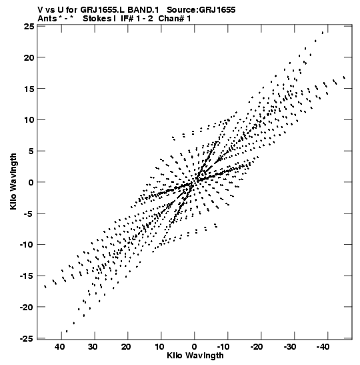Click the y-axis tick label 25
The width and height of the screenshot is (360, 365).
coord(29,27)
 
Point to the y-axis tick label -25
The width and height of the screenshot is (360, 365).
coord(28,338)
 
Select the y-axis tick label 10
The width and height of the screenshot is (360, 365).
coord(29,119)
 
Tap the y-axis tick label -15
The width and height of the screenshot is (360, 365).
coord(28,276)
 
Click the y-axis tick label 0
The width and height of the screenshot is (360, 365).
coord(31,183)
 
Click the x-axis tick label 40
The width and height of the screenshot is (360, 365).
coord(59,347)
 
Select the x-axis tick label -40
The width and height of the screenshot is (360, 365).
coord(323,347)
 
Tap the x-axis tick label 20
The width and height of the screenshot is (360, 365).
coord(126,347)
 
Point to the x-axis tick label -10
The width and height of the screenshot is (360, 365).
coord(223,347)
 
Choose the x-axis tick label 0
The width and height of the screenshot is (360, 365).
coord(194,347)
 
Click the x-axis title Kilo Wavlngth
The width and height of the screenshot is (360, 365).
coord(195,356)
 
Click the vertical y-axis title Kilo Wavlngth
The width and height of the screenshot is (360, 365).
coord(13,181)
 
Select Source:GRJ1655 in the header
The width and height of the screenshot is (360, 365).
coord(201,10)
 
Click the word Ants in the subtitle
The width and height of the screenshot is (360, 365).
coord(47,19)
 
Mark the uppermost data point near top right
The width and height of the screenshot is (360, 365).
coord(323,33)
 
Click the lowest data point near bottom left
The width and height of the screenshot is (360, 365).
coord(67,331)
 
